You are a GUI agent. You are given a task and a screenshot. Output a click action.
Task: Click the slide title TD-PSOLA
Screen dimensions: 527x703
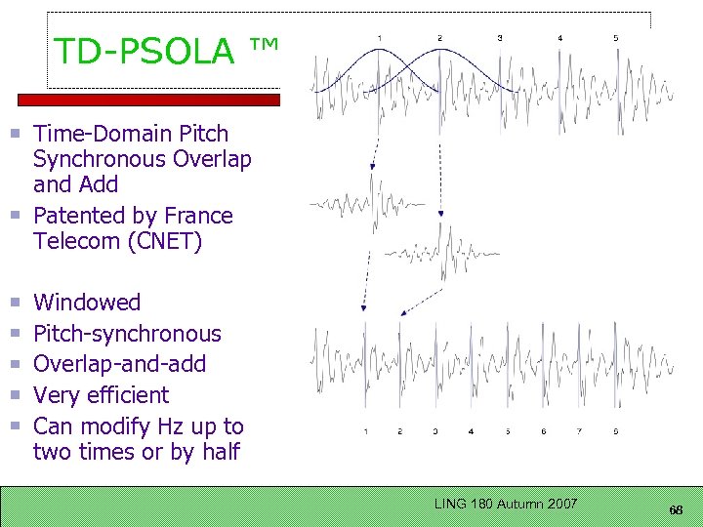click(145, 52)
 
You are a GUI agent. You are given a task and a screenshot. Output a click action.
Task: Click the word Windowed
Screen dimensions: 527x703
click(87, 303)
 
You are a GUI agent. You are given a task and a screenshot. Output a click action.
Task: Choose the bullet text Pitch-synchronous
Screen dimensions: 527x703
click(127, 334)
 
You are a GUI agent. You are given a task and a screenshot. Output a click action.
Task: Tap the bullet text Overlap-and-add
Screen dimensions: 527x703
click(119, 364)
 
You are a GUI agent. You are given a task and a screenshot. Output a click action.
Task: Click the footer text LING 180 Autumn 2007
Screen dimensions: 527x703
click(506, 504)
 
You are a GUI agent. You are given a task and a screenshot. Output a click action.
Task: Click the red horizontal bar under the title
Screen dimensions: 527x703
click(147, 100)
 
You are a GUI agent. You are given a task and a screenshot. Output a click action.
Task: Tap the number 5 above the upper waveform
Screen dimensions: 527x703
click(616, 38)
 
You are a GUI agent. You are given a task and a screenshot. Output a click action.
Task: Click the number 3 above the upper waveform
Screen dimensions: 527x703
click(500, 38)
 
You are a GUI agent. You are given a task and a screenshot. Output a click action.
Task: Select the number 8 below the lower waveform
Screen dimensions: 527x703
click(616, 430)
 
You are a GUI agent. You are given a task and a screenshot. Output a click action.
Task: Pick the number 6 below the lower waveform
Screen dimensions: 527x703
click(543, 430)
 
